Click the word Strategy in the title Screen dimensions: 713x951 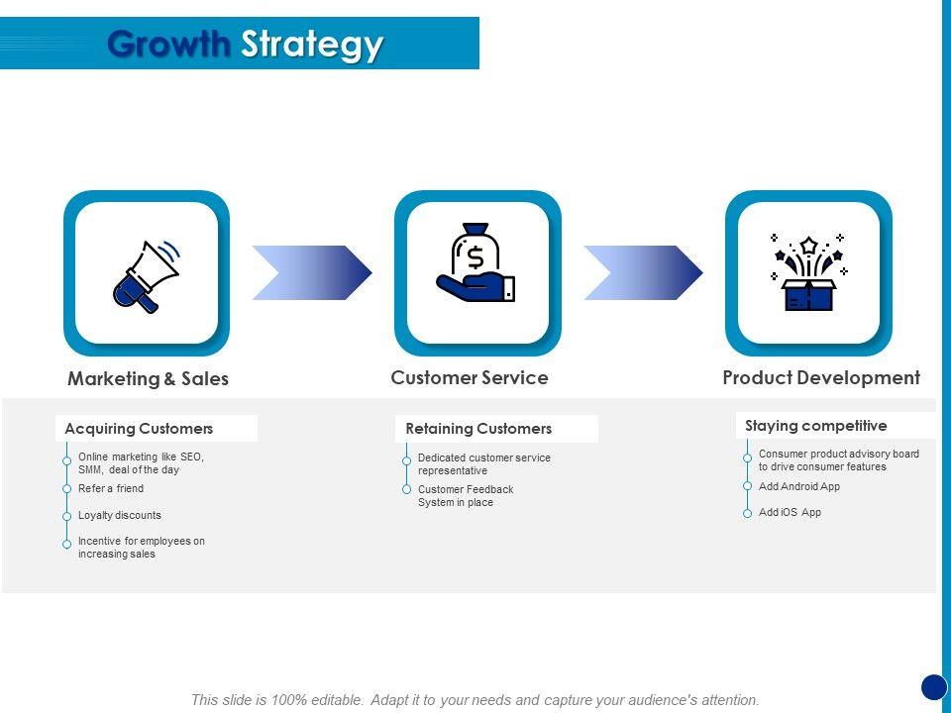312,46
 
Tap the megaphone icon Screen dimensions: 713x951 147,274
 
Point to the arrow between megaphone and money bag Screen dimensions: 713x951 312,272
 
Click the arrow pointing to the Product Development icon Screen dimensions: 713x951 643,272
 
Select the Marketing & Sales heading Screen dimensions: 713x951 148,378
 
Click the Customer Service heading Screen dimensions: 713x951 470,377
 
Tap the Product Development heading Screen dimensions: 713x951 821,377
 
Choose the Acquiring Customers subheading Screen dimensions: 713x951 139,429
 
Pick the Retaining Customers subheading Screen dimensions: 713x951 478,429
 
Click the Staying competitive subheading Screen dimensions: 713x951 816,426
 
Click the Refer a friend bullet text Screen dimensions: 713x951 111,488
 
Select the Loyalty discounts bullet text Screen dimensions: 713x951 120,515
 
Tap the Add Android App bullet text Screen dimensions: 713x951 799,486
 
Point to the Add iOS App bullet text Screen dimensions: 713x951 790,512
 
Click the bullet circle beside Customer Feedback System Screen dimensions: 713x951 406,490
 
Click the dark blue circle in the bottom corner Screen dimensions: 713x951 934,686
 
